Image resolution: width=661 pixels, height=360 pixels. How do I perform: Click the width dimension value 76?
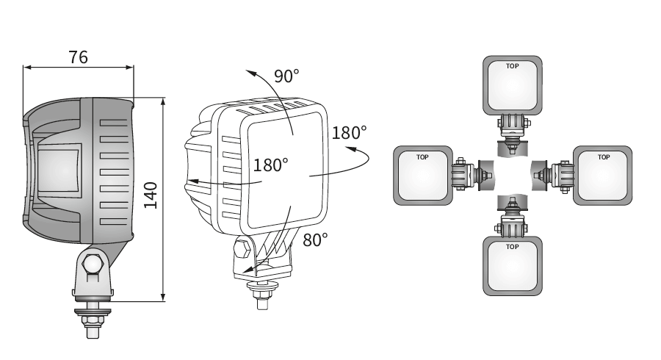(x=79, y=57)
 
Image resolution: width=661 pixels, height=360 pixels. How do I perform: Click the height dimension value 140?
(x=151, y=195)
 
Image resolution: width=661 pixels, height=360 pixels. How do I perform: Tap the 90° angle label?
(x=286, y=76)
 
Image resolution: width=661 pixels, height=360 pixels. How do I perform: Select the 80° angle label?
(x=315, y=240)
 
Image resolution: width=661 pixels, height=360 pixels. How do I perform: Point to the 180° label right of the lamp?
(x=349, y=133)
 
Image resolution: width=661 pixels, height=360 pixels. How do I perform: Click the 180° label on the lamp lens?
(x=270, y=165)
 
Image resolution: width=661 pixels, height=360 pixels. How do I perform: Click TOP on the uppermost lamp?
(x=512, y=66)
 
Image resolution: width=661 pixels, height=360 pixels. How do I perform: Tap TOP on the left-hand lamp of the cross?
(x=422, y=157)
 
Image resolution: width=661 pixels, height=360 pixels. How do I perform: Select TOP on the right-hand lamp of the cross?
(x=604, y=157)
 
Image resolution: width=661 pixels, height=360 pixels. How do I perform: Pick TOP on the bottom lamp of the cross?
(x=512, y=247)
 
